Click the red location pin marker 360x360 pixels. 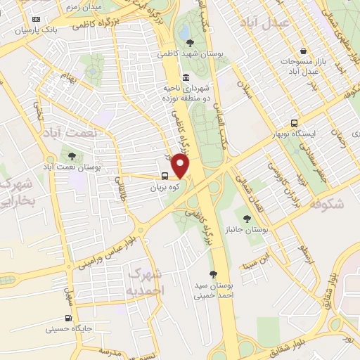181,166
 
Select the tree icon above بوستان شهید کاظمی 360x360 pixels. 191,44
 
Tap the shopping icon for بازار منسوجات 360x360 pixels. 303,51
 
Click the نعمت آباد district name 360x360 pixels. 70,132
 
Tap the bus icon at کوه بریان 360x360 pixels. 164,177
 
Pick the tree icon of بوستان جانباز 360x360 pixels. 246,219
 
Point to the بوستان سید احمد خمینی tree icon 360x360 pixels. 212,274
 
